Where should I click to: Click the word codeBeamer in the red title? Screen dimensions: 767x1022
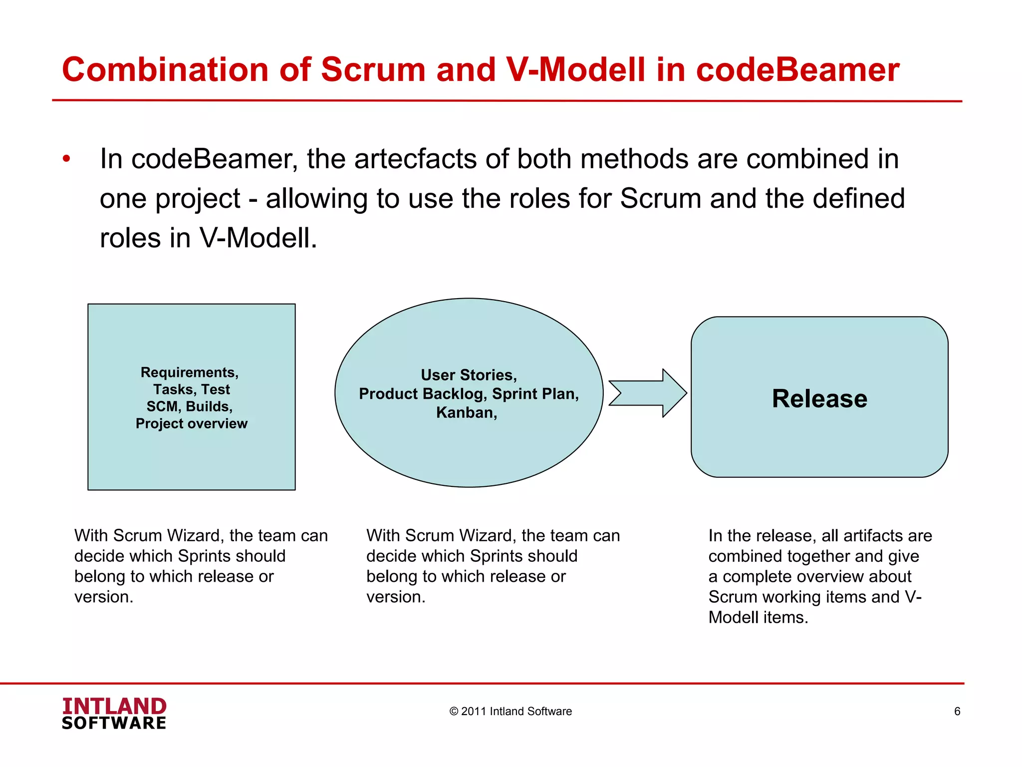(x=797, y=69)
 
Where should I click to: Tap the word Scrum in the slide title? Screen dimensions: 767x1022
(x=373, y=69)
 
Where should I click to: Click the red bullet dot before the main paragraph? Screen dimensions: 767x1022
(x=66, y=159)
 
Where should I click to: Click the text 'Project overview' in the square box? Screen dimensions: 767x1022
(x=191, y=423)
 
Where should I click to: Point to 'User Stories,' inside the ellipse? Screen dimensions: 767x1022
(x=469, y=375)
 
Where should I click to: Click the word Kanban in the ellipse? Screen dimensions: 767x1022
(x=465, y=412)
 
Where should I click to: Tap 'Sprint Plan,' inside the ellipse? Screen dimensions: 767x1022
(x=535, y=394)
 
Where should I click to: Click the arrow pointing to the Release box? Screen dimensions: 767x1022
(x=648, y=393)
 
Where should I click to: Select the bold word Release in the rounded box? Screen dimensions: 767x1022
(x=819, y=398)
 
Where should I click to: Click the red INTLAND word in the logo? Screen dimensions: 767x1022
(x=114, y=706)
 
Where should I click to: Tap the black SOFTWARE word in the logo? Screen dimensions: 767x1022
(x=114, y=724)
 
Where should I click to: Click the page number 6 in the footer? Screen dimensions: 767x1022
(x=957, y=711)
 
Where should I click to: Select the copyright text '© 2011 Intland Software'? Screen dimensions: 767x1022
(x=510, y=711)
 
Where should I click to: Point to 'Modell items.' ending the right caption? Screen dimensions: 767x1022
(x=758, y=618)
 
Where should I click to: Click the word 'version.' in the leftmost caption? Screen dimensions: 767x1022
(x=104, y=597)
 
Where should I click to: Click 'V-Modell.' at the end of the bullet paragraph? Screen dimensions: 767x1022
(x=258, y=238)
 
